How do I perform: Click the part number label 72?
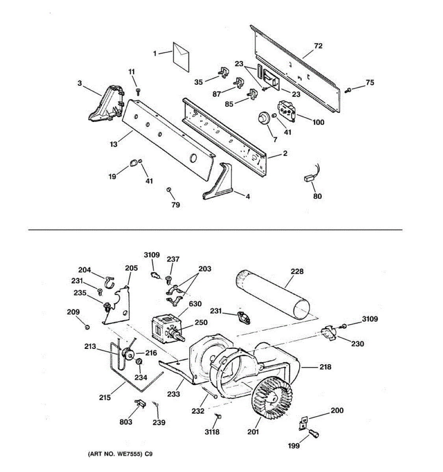(318, 46)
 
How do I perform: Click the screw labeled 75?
(348, 91)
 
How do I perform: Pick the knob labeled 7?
(262, 118)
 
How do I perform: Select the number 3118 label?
(212, 432)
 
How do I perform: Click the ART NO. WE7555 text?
(119, 454)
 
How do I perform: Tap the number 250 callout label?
(201, 322)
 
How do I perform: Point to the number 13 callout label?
(113, 144)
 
